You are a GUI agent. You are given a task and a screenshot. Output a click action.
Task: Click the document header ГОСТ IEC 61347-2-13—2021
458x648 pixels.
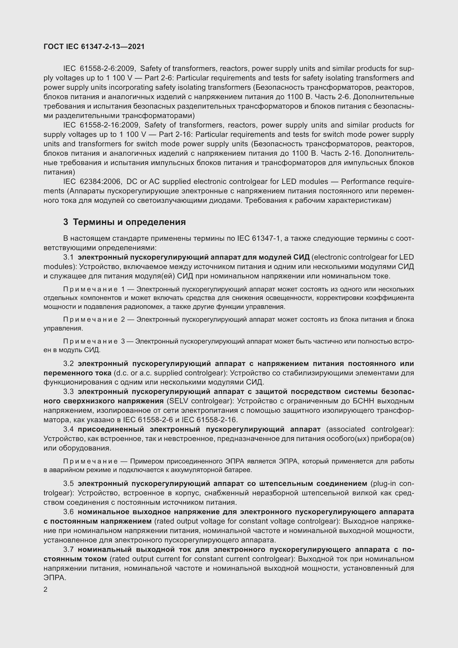[94, 47]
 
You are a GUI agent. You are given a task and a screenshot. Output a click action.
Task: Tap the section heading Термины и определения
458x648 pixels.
[129, 222]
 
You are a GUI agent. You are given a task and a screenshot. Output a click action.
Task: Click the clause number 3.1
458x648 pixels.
[68, 257]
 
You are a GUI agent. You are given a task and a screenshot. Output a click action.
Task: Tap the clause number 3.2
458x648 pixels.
[68, 363]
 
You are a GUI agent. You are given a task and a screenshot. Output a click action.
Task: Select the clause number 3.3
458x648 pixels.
[68, 392]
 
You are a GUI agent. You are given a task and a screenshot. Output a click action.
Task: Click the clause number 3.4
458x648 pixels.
[68, 429]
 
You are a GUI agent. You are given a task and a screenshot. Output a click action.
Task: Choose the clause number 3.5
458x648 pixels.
[68, 484]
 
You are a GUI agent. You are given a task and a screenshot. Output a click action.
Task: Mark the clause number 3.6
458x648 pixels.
[68, 512]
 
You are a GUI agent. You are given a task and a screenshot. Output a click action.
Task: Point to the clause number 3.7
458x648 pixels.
[68, 549]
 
